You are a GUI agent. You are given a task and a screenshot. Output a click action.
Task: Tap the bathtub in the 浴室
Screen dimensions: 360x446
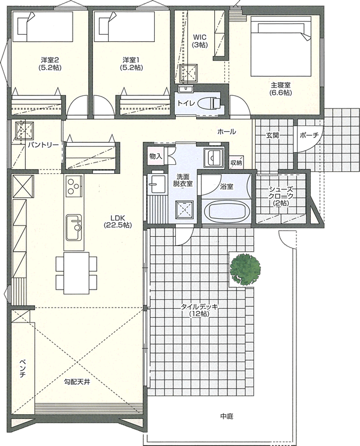coord(227,212)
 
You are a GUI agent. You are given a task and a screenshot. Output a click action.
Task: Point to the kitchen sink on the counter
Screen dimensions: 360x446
coord(74,228)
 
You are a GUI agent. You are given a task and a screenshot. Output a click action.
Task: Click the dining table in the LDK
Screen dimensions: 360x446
coord(77,273)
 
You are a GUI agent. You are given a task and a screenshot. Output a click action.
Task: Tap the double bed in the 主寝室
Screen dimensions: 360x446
coord(281,46)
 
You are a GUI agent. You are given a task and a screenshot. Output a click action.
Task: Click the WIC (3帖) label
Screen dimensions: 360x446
coord(199,41)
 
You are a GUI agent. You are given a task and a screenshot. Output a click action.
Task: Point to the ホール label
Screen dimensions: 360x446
coord(227,132)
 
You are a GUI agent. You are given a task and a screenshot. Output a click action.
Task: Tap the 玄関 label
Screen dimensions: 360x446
coord(272,135)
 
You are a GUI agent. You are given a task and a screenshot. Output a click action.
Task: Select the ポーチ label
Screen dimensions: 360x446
coord(309,135)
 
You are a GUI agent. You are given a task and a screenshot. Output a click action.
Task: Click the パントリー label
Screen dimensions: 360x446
coord(43,145)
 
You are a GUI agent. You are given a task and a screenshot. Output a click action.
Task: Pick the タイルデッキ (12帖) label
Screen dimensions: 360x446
coord(199,311)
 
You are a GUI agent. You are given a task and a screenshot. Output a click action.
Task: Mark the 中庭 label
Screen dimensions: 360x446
coord(227,417)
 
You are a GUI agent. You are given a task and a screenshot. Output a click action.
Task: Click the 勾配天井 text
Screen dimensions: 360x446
coord(77,382)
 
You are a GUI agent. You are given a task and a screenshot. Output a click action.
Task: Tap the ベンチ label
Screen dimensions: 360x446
coord(23,369)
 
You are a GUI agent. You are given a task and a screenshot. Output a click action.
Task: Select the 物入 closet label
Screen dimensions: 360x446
coord(155,156)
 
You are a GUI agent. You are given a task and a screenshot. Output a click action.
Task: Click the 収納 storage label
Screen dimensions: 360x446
coord(236,163)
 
